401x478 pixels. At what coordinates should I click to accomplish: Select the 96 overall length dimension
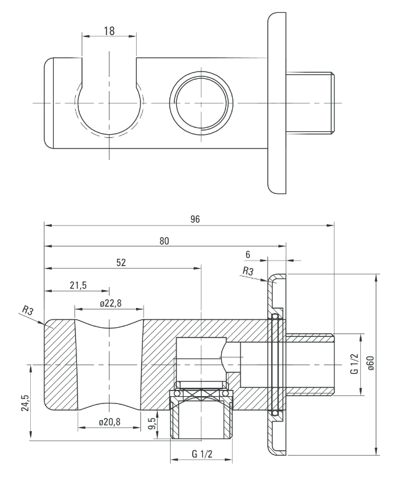click(196, 219)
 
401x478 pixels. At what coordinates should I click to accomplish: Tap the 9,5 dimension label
click(152, 424)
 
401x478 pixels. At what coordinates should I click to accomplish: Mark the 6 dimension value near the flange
click(247, 254)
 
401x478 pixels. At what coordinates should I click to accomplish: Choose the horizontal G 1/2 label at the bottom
click(203, 455)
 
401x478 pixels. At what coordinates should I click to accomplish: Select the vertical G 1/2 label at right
click(354, 363)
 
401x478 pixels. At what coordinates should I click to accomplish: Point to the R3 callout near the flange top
click(248, 271)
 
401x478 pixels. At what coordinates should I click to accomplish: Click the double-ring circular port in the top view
click(202, 101)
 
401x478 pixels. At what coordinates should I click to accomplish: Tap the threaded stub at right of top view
click(311, 101)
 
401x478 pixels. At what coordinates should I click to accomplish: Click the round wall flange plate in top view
click(277, 102)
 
